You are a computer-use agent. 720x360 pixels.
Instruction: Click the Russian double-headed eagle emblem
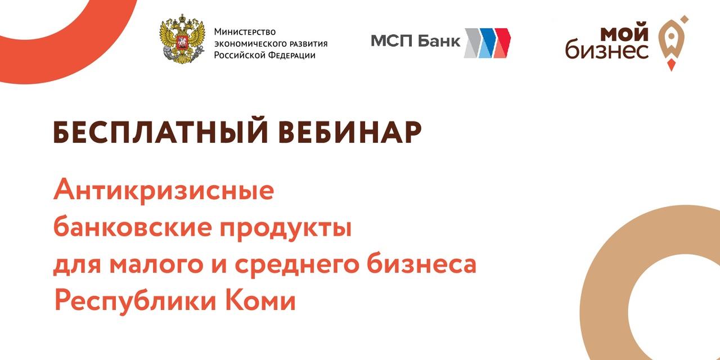182,39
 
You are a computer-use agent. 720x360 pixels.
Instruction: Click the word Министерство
245,32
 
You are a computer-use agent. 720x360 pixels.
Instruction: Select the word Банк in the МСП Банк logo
439,42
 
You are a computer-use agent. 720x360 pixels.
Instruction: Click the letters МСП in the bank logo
392,42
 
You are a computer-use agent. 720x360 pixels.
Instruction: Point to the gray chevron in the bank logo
472,43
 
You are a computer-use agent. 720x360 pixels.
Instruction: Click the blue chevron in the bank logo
487,43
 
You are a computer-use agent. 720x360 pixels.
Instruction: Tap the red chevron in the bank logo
502,43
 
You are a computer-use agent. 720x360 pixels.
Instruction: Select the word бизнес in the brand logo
607,51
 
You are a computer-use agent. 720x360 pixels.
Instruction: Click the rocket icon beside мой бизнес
673,43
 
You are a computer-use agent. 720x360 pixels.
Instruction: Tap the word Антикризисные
164,190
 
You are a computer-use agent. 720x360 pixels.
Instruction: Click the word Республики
135,301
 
